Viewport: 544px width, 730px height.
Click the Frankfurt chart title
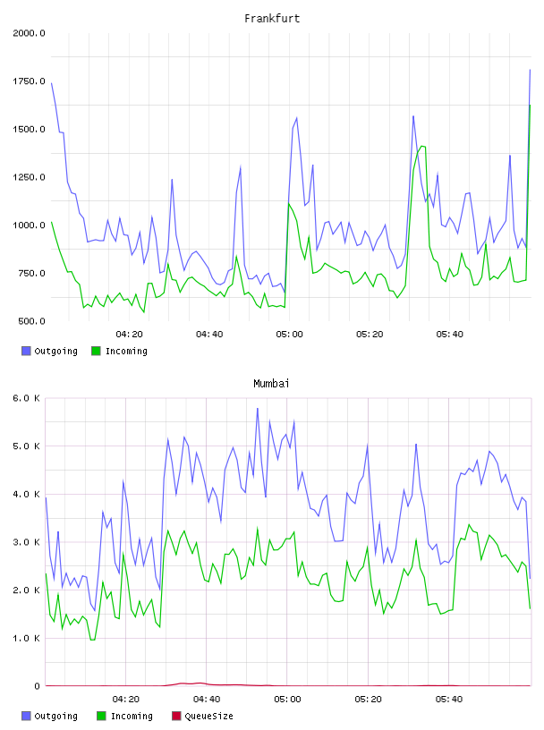tap(272, 18)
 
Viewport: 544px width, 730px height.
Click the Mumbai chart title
tap(271, 383)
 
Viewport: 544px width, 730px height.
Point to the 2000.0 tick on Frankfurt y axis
tap(29, 33)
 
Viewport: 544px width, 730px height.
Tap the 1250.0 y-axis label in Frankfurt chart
tap(29, 177)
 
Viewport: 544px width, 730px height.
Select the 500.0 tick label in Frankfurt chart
tap(31, 321)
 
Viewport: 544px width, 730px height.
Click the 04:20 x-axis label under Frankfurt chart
tap(129, 334)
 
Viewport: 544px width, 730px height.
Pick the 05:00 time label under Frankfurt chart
tap(289, 334)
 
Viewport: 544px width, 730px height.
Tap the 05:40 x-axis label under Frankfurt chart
tap(449, 334)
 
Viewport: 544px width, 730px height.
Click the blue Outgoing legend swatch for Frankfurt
tap(26, 351)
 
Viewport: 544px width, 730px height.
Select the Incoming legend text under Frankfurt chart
tap(126, 351)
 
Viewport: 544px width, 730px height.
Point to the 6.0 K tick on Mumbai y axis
tap(27, 398)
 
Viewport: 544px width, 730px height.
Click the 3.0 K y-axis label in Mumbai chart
tap(27, 542)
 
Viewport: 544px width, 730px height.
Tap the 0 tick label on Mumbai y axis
tap(38, 686)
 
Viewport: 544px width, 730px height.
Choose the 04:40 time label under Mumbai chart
tap(207, 699)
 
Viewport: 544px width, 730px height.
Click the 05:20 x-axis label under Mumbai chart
tap(368, 699)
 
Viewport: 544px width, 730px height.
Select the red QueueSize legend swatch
tap(176, 716)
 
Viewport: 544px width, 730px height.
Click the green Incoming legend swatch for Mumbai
tap(101, 716)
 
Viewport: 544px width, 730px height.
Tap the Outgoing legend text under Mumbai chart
tap(55, 716)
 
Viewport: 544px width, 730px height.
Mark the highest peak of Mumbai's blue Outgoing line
tap(258, 408)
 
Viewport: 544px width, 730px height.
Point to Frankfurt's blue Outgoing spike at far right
tap(530, 70)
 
